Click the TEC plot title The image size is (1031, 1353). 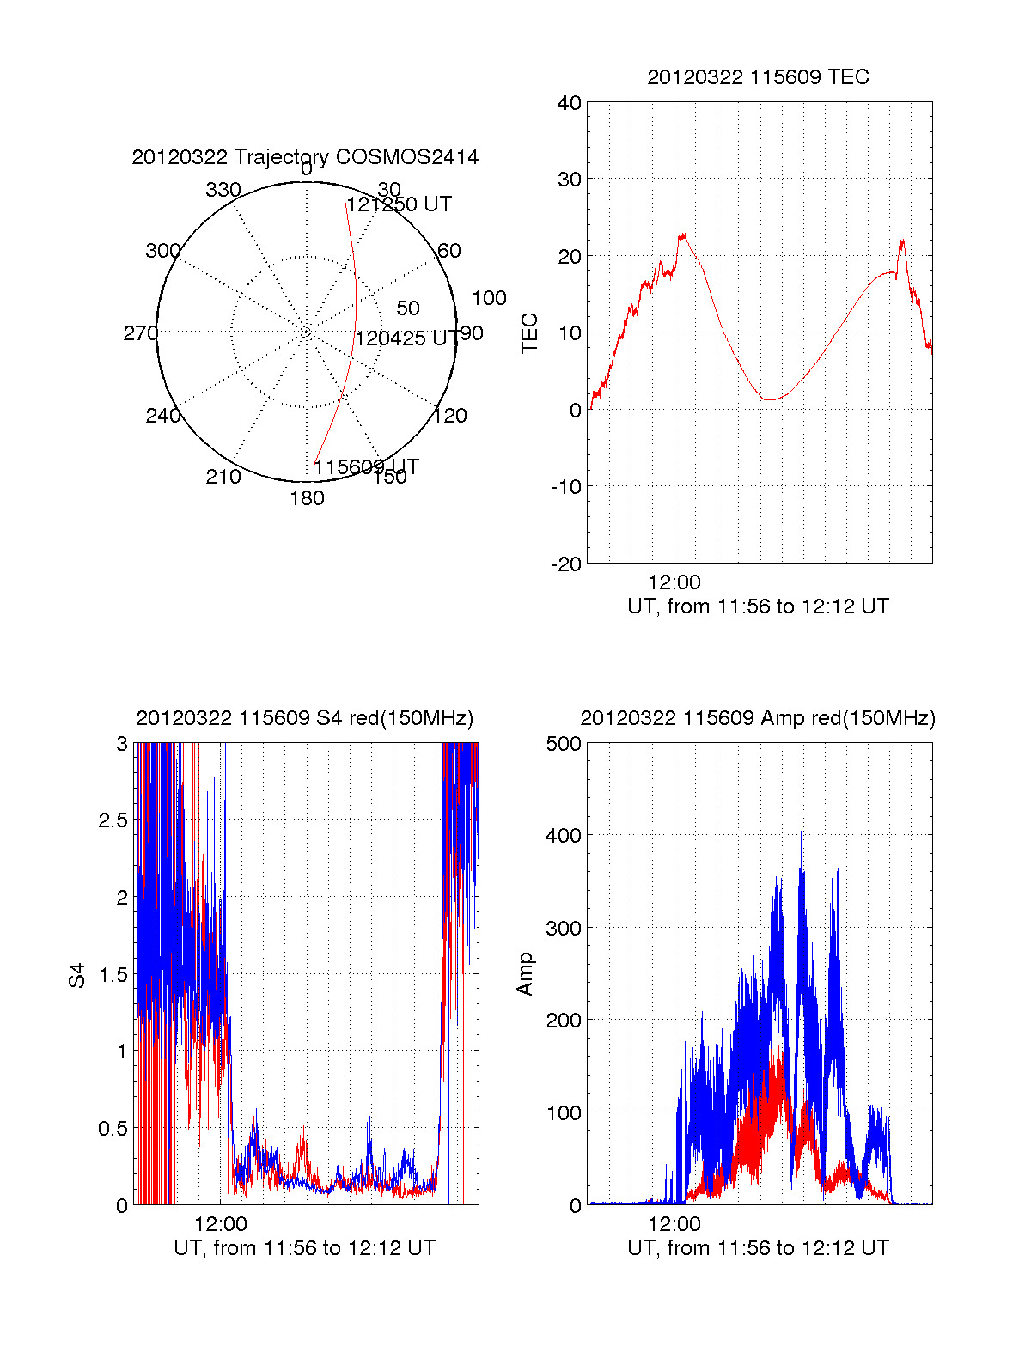(x=758, y=77)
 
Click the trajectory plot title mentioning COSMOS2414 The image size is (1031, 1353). (x=305, y=157)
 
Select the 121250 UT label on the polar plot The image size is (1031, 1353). (x=400, y=204)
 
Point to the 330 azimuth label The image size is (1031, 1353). (x=223, y=190)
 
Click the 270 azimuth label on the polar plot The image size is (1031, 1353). (x=140, y=333)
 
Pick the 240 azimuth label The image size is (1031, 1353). (x=162, y=416)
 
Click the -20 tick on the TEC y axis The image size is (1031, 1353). (x=566, y=564)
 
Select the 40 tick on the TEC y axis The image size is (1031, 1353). (x=570, y=103)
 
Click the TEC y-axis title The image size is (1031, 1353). (x=529, y=333)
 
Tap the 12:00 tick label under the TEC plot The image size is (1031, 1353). (x=674, y=583)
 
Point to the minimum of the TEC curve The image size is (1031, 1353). (x=771, y=399)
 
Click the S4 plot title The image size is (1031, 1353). (x=305, y=718)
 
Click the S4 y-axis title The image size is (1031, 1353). (x=77, y=975)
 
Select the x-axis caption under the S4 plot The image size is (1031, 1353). (x=305, y=1248)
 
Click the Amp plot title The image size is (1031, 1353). (x=758, y=718)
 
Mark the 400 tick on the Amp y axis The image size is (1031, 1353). (x=564, y=835)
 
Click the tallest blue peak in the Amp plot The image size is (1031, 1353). (x=802, y=831)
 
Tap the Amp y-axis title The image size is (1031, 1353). (x=525, y=974)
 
